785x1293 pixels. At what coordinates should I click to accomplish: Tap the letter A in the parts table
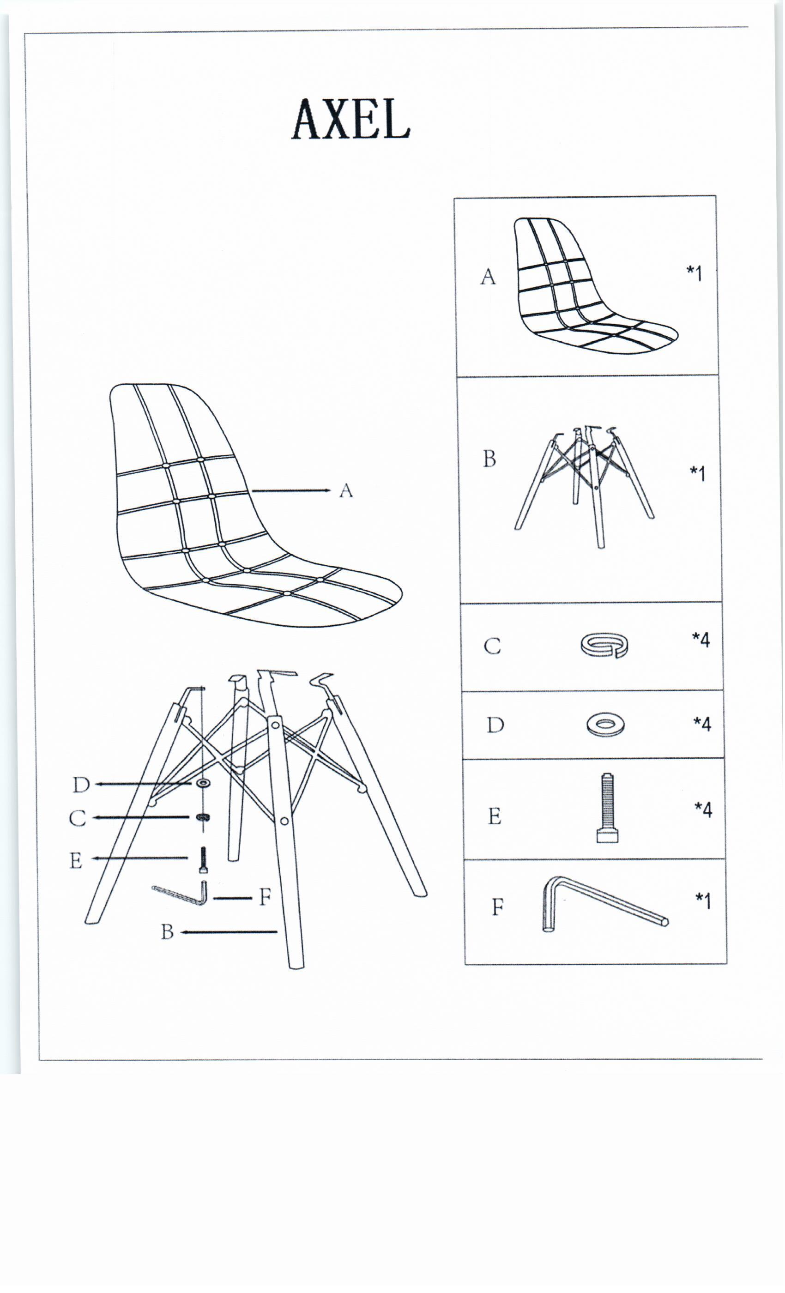[488, 277]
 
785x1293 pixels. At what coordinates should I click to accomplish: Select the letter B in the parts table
[489, 459]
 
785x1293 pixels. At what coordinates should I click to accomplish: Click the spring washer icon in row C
[605, 645]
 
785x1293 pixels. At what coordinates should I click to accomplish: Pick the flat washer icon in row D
[605, 725]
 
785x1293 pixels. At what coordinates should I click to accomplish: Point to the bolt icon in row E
[607, 808]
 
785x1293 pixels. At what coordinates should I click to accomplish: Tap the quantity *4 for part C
[701, 640]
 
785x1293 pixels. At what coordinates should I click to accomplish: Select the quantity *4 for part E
[703, 809]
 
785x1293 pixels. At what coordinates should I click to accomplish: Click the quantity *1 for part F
[703, 900]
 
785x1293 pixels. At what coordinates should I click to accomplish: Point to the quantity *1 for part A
[694, 273]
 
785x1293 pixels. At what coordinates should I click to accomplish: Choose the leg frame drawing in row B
[585, 486]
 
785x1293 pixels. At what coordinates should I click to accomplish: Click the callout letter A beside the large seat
[346, 490]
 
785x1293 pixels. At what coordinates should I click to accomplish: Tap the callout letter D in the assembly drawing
[81, 785]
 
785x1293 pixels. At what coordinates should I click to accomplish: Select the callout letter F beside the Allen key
[265, 897]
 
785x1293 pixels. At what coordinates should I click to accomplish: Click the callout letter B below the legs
[167, 932]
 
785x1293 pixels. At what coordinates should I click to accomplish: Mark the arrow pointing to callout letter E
[139, 858]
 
